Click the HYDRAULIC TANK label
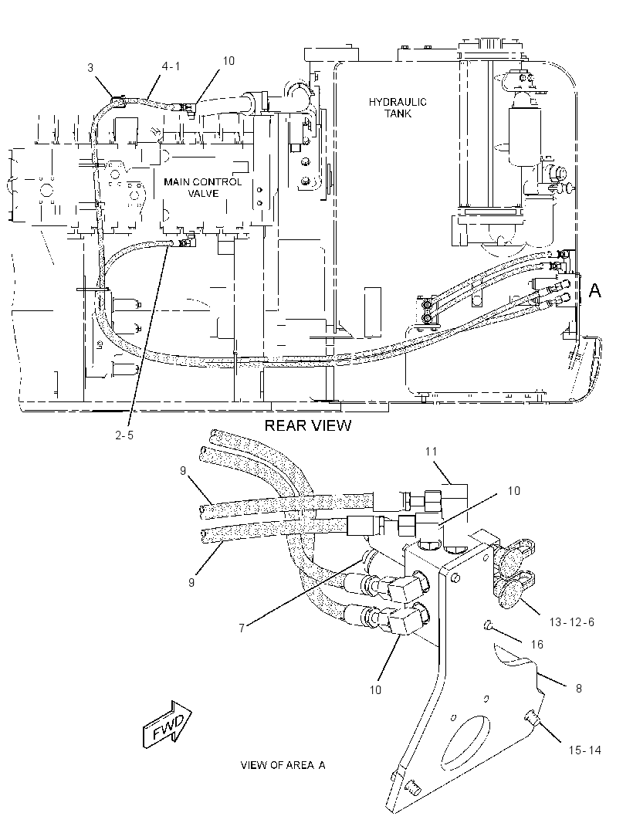398,107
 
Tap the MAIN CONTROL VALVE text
202,188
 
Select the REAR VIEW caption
307,425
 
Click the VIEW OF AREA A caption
283,765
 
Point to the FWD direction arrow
168,724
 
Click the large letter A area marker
594,290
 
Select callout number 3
90,68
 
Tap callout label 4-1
171,66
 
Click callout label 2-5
124,435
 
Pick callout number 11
431,452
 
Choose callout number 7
242,628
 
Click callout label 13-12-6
571,622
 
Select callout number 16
537,644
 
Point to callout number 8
579,688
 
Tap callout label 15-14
584,750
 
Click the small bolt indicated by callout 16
487,625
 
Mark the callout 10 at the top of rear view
228,61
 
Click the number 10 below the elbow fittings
375,689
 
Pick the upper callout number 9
183,471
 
